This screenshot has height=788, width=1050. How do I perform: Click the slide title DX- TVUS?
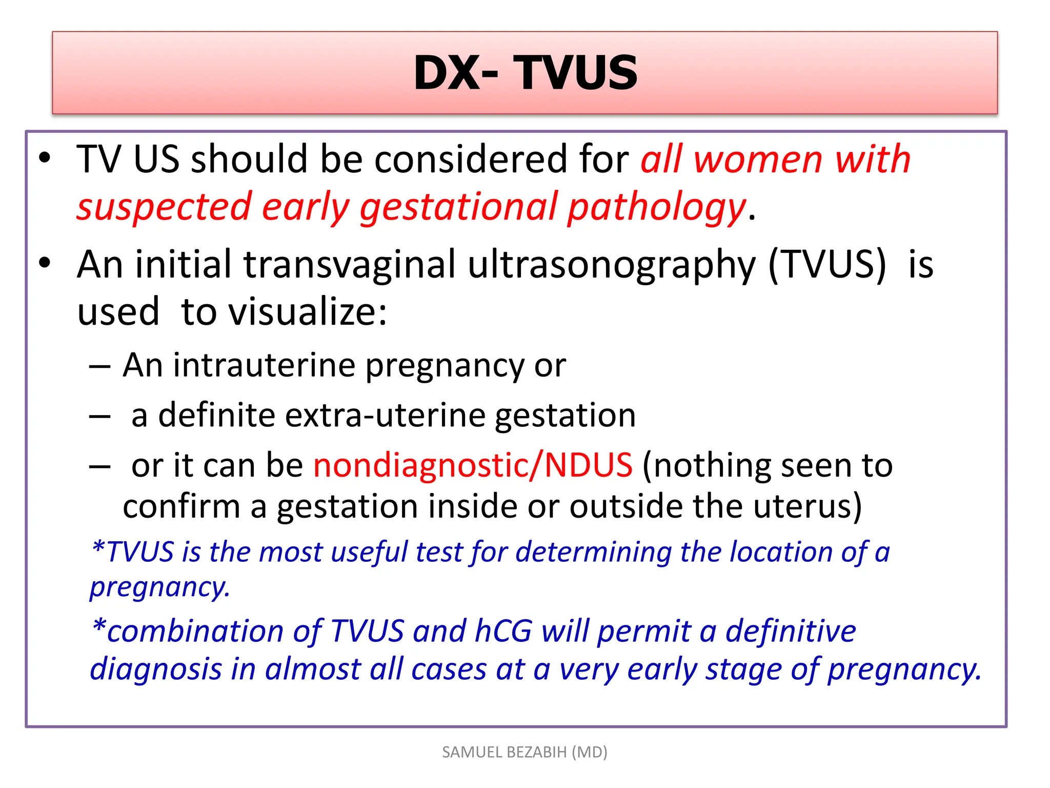[525, 73]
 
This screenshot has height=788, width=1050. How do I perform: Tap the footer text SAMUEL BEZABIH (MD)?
[524, 752]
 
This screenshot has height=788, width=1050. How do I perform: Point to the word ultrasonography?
[612, 265]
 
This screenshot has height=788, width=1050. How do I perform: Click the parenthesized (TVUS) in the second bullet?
[827, 265]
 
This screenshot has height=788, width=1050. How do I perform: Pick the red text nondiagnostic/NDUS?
[473, 465]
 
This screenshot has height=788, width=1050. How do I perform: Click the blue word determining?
[593, 553]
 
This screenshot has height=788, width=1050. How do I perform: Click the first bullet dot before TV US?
[45, 157]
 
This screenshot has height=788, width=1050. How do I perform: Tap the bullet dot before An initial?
[45, 263]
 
